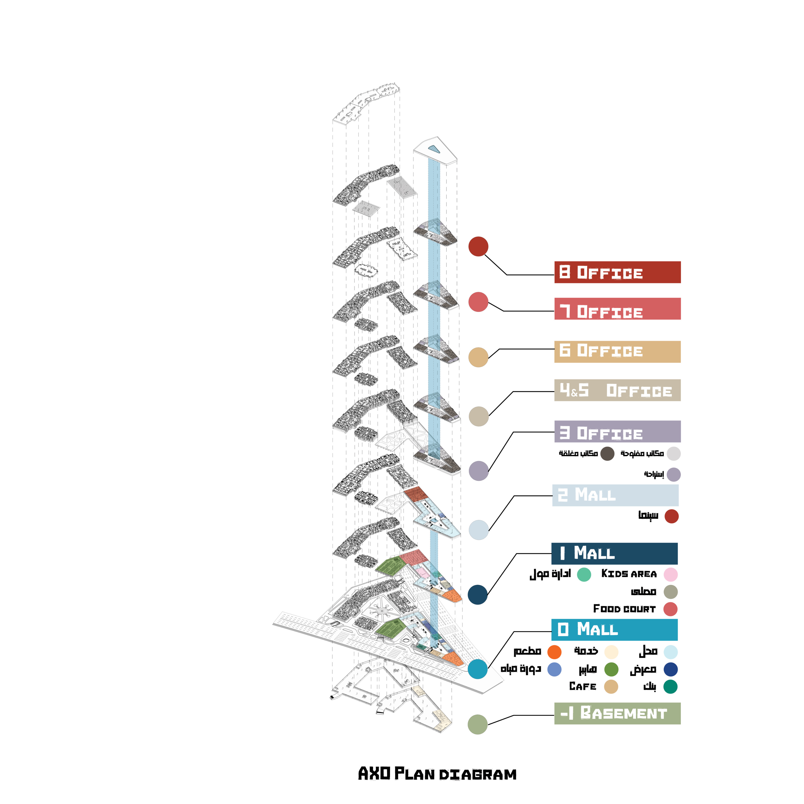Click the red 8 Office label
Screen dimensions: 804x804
click(x=617, y=272)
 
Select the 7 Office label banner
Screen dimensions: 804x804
click(x=617, y=309)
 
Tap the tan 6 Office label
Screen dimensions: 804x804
click(x=617, y=352)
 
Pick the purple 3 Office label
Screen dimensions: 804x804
click(x=617, y=431)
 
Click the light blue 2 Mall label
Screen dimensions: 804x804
click(x=615, y=495)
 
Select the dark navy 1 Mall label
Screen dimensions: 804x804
click(x=614, y=554)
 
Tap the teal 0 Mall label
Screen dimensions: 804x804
click(x=614, y=630)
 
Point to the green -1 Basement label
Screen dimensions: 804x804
click(x=617, y=713)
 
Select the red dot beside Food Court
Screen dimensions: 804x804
click(x=670, y=609)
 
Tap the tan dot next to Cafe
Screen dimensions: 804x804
click(x=611, y=687)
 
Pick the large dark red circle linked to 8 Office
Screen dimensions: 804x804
click(x=478, y=246)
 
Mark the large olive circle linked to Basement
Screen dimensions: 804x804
click(x=477, y=725)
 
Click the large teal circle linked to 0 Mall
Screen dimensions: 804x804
click(x=477, y=669)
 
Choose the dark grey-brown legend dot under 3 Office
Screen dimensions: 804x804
click(x=608, y=454)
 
